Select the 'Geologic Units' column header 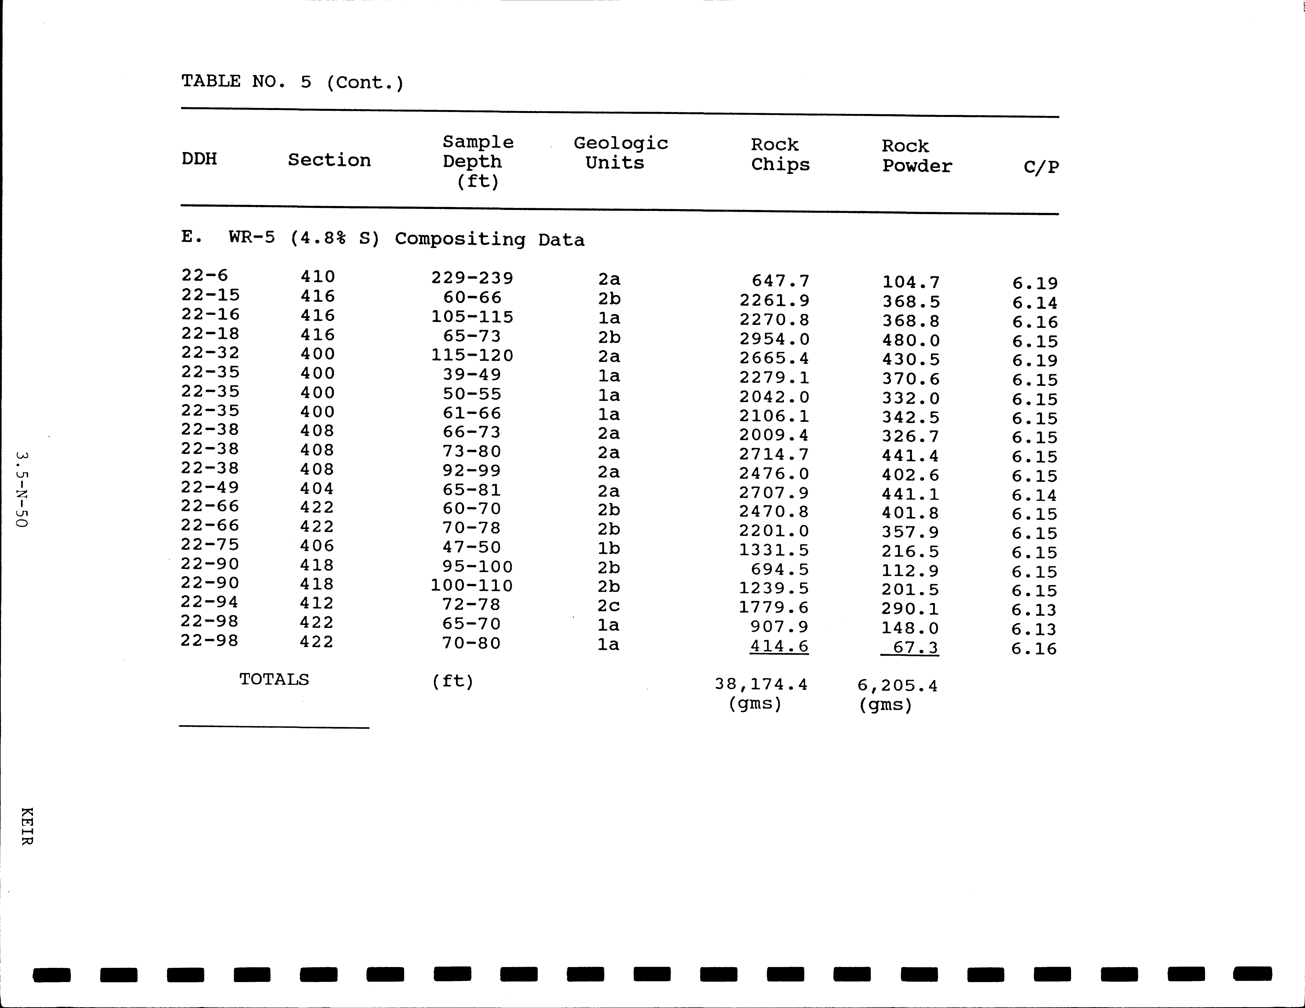[x=620, y=153]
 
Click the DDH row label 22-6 [x=204, y=275]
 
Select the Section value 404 [x=317, y=489]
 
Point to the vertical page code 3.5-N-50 [x=22, y=489]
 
